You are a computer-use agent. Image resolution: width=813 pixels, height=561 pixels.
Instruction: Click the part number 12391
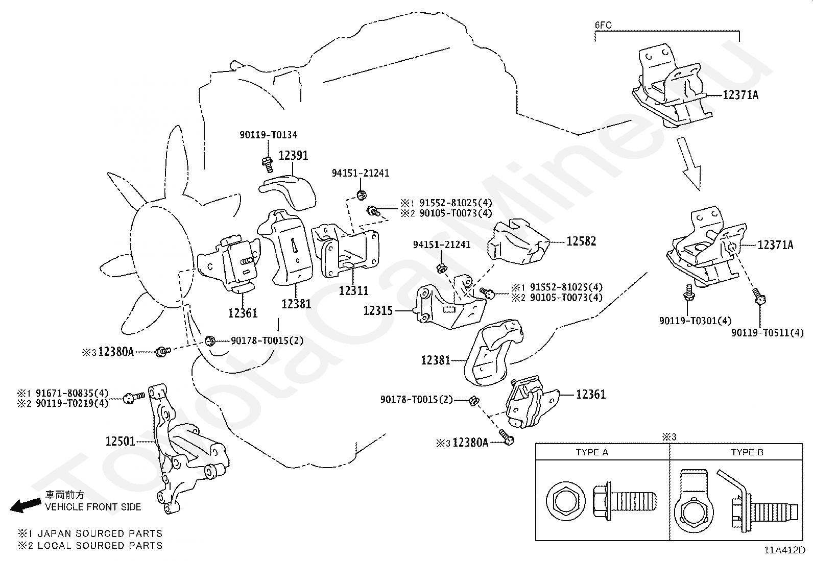coord(293,156)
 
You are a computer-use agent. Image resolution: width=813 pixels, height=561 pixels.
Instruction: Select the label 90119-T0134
coord(268,135)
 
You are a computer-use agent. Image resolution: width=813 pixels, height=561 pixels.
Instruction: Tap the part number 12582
coord(581,241)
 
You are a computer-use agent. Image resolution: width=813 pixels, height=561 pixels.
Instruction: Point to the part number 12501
coord(120,441)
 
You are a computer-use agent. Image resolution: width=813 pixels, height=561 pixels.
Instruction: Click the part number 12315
coord(378,311)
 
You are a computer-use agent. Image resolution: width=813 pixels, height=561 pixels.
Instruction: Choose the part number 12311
coord(353,290)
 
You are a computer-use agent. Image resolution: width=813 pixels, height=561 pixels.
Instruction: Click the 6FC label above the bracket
coord(603,25)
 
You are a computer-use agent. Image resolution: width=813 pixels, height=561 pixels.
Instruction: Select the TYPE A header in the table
coord(592,452)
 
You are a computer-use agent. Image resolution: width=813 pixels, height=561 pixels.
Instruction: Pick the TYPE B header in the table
coord(747,452)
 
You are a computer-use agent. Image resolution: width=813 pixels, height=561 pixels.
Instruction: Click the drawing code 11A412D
coord(785,550)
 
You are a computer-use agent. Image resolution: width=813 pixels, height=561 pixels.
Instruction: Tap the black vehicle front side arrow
coord(25,505)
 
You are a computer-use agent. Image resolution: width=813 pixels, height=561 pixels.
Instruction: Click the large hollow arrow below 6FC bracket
coord(689,163)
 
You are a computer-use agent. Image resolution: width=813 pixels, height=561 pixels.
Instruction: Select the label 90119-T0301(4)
coord(696,321)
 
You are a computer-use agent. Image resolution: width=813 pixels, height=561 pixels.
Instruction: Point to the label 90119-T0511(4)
coord(768,333)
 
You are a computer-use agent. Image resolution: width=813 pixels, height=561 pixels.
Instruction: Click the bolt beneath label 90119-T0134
coord(268,165)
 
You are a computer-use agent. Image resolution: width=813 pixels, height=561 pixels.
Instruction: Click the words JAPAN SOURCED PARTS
coord(100,533)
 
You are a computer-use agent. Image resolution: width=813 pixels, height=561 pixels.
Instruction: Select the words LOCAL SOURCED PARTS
coord(100,545)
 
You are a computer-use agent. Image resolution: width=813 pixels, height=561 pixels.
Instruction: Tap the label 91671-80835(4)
coord(72,393)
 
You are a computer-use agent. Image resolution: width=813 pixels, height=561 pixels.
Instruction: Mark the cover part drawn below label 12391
coord(288,193)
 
